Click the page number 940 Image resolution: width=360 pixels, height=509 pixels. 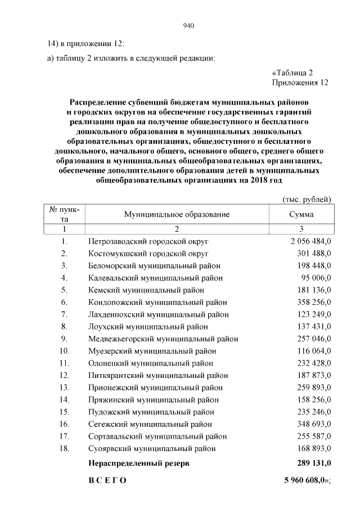[188, 25]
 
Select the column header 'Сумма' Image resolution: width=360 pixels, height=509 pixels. [301, 214]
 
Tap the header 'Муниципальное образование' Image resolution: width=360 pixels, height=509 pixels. [177, 214]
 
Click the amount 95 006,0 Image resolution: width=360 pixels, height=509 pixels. [316, 278]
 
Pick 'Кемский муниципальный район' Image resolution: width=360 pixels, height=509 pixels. [146, 290]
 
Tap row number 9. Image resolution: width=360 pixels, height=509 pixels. [65, 339]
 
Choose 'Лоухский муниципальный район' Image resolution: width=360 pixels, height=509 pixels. [148, 326]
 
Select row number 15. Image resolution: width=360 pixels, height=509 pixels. [65, 412]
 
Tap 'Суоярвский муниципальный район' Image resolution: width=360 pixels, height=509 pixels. [152, 448]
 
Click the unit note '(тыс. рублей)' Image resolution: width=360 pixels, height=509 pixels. [306, 199]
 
